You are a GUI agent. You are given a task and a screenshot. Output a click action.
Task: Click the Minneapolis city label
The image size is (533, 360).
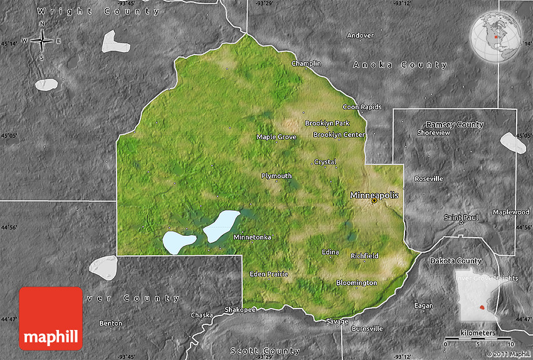[x=374, y=195]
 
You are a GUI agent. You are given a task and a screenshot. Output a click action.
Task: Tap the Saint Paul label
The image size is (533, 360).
[x=461, y=217]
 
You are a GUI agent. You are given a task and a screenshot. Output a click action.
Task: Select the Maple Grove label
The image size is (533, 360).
[x=276, y=137]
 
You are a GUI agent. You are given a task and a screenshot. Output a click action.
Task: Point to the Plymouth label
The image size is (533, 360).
[x=277, y=176]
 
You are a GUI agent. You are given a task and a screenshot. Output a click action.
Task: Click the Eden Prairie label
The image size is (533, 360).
[x=268, y=274]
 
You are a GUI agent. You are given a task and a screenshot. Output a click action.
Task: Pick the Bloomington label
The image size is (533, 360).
[x=356, y=283]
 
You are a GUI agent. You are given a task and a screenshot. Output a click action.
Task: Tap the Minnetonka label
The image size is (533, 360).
[x=252, y=238]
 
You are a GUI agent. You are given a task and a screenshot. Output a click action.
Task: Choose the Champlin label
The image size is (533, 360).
[x=306, y=63]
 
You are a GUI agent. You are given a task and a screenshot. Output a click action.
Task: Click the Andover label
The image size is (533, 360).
[x=360, y=36]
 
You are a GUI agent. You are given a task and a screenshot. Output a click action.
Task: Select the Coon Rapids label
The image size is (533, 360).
[x=362, y=107]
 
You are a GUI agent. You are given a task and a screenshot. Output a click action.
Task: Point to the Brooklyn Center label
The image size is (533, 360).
[x=339, y=135]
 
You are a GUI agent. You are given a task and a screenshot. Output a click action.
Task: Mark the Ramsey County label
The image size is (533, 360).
[x=455, y=125]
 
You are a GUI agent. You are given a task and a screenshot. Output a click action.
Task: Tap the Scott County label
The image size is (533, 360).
[x=265, y=351]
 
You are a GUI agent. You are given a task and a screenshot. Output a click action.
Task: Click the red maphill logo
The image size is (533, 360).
[x=51, y=319]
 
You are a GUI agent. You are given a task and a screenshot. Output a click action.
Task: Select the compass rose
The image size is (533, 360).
[x=42, y=41]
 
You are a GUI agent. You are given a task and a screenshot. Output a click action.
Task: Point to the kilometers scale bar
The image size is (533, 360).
[x=478, y=339]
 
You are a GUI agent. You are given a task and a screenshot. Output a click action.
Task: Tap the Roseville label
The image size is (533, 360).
[x=428, y=179]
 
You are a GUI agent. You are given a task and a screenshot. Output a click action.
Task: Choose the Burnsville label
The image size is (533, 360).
[x=367, y=329]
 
